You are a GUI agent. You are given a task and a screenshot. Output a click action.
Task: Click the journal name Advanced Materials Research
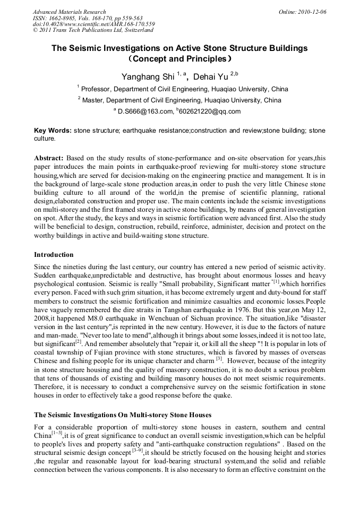point(69,12)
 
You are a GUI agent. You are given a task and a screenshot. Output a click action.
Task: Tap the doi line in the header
point(93,24)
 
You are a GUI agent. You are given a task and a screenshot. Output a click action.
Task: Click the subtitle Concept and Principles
point(179,58)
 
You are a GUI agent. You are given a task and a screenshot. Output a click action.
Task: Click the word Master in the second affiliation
point(93,100)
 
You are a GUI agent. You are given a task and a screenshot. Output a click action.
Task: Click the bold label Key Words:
point(53,130)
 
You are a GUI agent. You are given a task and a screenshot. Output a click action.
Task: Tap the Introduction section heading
point(54,254)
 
